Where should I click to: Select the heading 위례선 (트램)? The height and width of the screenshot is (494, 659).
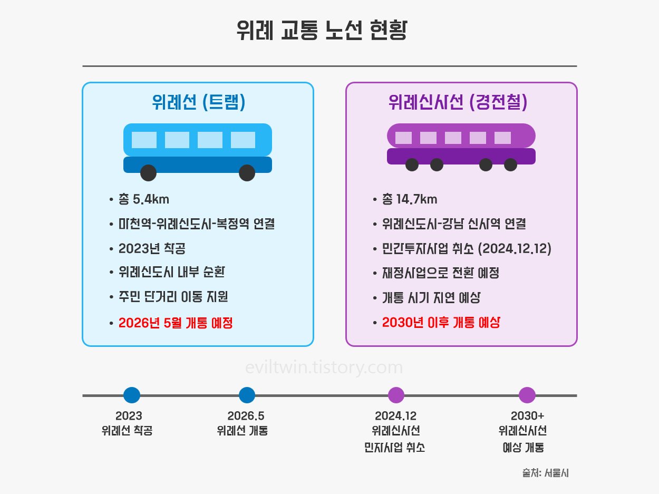[x=198, y=102]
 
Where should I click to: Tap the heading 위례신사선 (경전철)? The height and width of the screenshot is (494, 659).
[x=458, y=102]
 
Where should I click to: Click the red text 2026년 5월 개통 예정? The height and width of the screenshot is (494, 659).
[x=176, y=323]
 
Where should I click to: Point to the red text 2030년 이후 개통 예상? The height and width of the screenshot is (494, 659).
[x=441, y=323]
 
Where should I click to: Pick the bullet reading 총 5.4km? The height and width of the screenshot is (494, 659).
[x=143, y=199]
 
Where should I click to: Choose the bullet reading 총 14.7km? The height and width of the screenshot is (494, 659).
[x=410, y=199]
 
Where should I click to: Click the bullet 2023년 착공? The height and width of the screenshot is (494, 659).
[x=152, y=248]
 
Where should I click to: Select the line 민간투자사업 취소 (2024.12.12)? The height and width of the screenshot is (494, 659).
[x=467, y=248]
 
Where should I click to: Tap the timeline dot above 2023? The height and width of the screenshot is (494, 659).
[x=131, y=395]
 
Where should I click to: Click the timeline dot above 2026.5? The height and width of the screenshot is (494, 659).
[x=247, y=395]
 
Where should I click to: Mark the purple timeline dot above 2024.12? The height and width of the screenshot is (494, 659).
[x=396, y=395]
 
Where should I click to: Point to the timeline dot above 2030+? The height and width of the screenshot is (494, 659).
[x=527, y=395]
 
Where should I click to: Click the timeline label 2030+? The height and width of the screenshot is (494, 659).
[x=527, y=416]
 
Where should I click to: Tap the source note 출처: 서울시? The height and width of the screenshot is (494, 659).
[x=545, y=473]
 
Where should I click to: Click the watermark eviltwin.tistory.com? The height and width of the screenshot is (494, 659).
[x=324, y=367]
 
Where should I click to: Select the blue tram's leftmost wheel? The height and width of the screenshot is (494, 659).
[x=149, y=172]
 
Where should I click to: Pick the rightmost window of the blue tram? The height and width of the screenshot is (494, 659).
[x=243, y=140]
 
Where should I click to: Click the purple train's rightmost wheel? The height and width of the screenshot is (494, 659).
[x=510, y=164]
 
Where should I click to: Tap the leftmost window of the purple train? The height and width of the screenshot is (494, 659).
[x=403, y=138]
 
